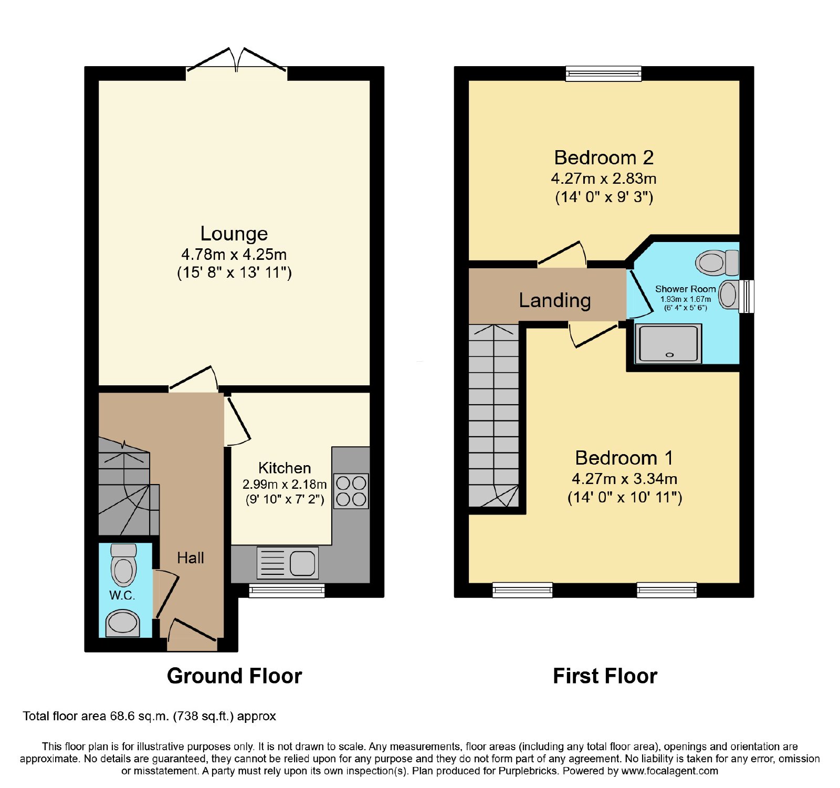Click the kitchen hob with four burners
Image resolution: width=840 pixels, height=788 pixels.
pos(351,491)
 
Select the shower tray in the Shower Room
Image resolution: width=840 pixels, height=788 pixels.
pos(668,344)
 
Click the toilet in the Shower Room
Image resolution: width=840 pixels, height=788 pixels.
pos(717,262)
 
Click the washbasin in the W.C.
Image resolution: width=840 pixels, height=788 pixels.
pos(123,623)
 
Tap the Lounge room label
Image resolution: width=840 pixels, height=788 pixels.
pos(234,234)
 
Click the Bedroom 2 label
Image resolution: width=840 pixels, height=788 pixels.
pos(604,157)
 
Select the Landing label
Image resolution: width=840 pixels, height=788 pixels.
pos(555,300)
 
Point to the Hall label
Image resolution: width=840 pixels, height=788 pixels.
pos(191,558)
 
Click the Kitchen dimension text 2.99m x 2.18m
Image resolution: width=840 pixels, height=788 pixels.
pos(285,484)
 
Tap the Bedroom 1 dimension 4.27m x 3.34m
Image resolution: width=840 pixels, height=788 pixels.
pos(625,479)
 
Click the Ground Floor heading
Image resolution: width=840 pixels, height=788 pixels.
pos(234,676)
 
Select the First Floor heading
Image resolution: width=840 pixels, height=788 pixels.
pos(605,676)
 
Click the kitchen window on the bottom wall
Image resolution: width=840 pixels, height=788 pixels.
pos(287,591)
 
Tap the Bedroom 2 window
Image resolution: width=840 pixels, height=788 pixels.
pos(604,73)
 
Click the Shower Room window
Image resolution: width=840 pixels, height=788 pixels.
pos(747,297)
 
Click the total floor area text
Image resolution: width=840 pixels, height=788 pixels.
pos(149,716)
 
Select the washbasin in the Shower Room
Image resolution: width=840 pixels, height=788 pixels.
pos(729,295)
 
